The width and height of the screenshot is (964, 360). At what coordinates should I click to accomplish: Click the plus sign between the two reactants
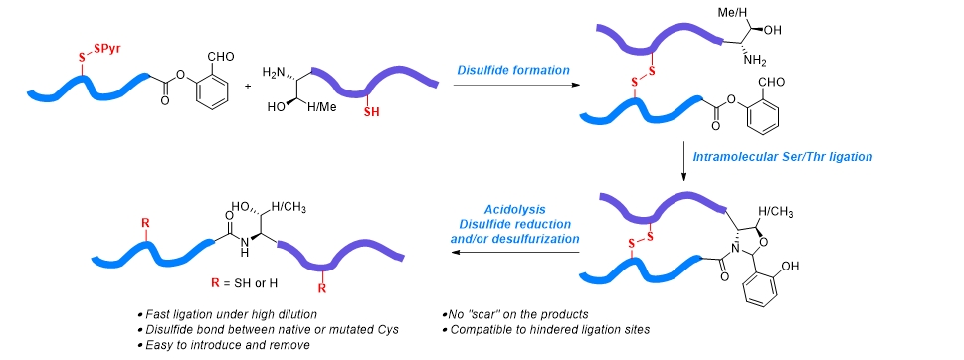pos(248,86)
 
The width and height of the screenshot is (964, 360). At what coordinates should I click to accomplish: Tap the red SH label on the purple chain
pos(372,112)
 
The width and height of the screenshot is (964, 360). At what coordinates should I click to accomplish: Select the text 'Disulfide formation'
pos(513,70)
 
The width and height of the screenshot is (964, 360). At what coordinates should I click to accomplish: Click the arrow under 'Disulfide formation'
pos(516,85)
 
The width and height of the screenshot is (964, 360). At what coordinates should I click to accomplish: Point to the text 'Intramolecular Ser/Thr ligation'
pos(783,157)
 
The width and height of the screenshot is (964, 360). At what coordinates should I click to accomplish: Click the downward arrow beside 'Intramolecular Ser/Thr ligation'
pos(683,161)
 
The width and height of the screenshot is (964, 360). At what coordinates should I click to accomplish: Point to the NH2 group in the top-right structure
pos(755,61)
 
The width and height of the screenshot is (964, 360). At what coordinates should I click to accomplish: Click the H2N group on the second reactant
pos(275,72)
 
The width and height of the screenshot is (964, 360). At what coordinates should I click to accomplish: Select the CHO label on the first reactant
pos(221,57)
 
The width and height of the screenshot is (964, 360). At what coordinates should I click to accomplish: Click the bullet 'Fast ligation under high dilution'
pos(227,314)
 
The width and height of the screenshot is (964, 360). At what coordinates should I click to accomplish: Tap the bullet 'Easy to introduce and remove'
pos(224,345)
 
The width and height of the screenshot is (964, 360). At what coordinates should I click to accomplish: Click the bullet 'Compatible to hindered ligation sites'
pos(545,330)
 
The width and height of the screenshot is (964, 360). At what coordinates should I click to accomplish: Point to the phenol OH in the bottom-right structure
pos(791,266)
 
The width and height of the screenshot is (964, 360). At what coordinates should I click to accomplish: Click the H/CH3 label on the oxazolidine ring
pos(775,213)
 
